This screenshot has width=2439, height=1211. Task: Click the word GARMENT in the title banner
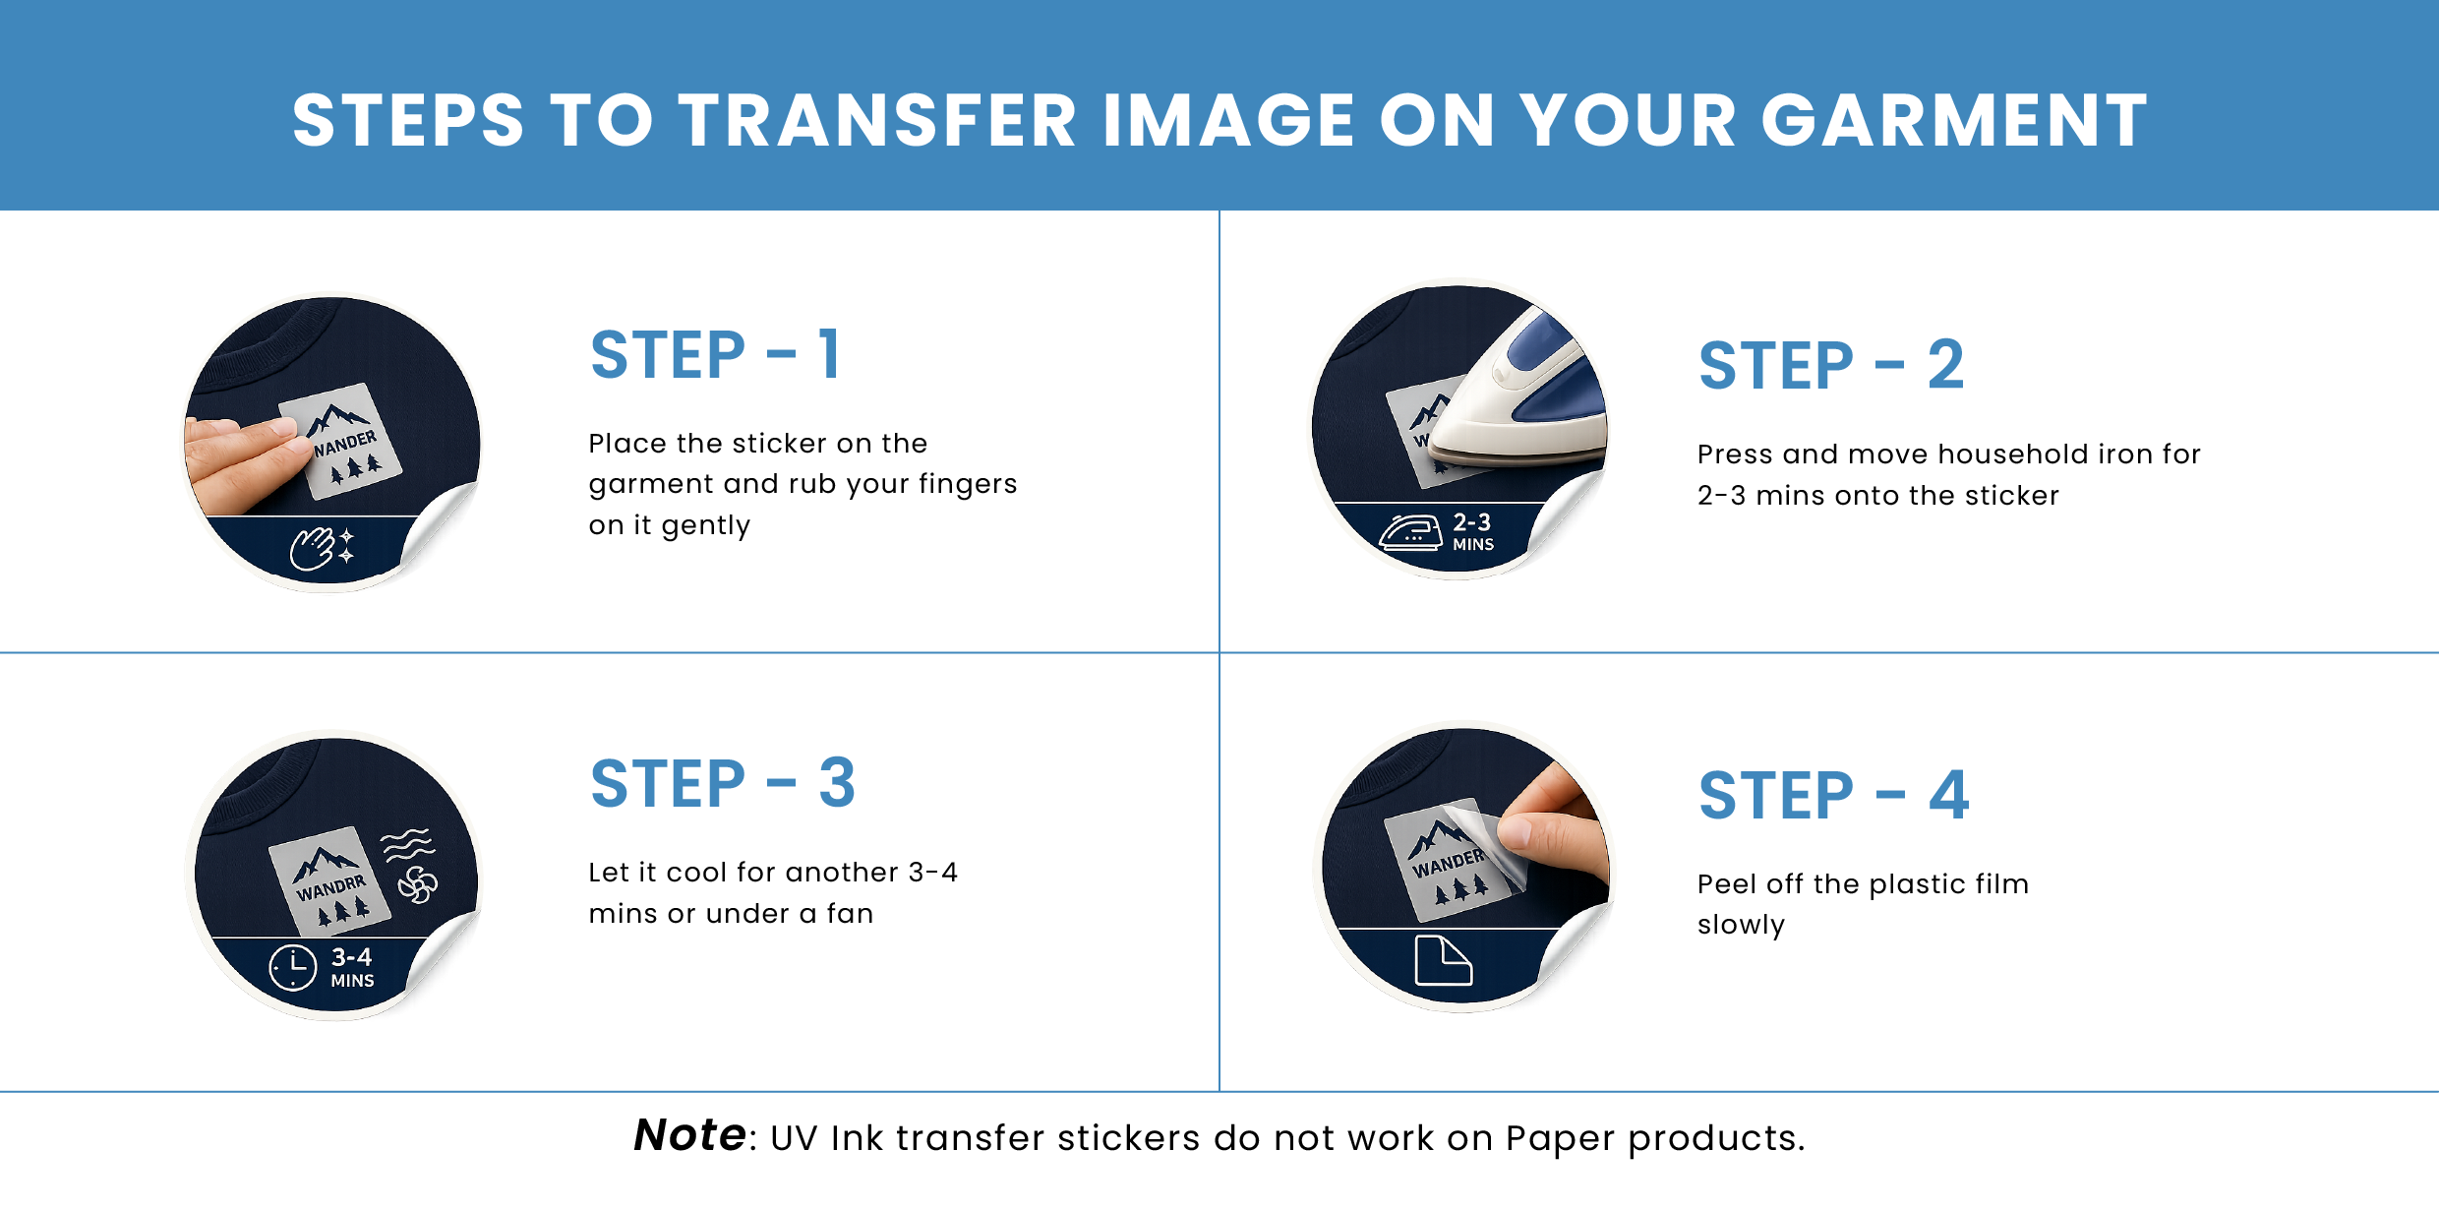pos(1954,121)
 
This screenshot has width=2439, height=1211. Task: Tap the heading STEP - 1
pos(715,355)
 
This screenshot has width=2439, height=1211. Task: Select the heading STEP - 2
pos(1831,366)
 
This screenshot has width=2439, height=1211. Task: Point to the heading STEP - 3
pos(723,784)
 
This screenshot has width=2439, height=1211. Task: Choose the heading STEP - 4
pos(1834,795)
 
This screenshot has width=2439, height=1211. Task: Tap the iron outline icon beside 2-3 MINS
pos(1410,532)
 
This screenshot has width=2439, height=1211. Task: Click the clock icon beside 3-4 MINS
pos(293,968)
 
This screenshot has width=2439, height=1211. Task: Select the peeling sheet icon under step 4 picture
pos(1443,960)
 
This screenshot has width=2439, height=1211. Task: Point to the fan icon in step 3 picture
pos(418,884)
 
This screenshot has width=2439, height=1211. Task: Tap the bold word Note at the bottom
pos(689,1135)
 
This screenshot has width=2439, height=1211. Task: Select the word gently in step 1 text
pos(705,526)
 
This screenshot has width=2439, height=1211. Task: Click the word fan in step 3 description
pos(850,913)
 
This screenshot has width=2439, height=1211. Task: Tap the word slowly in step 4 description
pos(1741,926)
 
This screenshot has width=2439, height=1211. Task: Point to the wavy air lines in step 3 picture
pos(407,844)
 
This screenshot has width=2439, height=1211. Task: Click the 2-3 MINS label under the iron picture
pos(1473,531)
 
